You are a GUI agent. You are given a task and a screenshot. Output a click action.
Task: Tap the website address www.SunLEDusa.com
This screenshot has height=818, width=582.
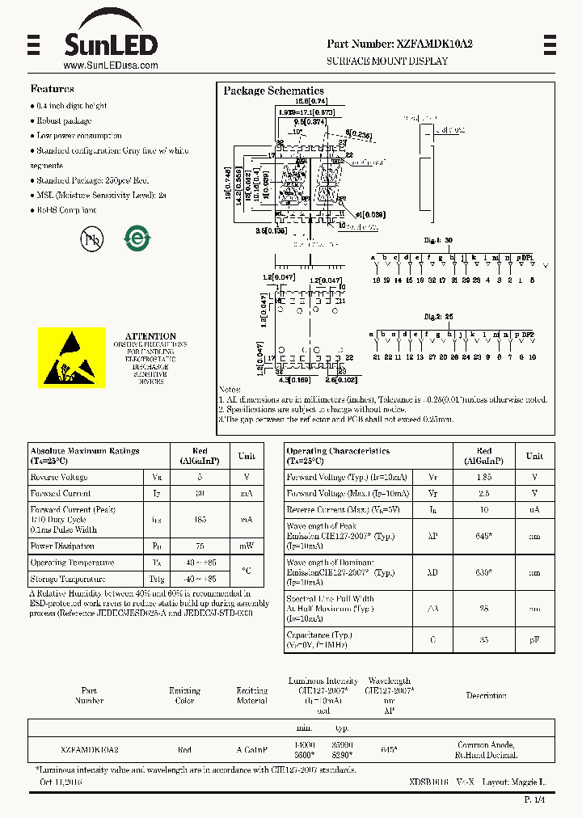click(x=110, y=65)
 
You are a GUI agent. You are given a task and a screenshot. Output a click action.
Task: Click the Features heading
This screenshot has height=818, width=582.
click(x=52, y=89)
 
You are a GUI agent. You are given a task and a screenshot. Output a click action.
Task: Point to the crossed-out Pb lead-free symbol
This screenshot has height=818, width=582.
click(x=91, y=238)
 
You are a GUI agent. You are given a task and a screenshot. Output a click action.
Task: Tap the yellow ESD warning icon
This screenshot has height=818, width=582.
click(x=72, y=357)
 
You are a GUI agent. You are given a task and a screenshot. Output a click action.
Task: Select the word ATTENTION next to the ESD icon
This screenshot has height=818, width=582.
click(x=150, y=336)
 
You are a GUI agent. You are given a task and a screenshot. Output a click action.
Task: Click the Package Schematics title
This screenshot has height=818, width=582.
click(x=273, y=91)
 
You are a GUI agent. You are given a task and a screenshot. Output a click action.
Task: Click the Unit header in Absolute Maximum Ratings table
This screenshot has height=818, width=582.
click(x=247, y=456)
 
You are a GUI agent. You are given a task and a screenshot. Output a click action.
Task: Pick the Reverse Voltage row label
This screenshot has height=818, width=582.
click(x=59, y=478)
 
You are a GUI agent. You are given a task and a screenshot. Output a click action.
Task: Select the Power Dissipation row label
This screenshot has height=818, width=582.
click(x=62, y=546)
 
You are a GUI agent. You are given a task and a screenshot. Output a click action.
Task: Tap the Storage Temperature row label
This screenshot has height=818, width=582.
click(x=68, y=579)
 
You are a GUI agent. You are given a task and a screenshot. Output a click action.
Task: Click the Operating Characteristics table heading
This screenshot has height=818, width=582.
click(x=338, y=451)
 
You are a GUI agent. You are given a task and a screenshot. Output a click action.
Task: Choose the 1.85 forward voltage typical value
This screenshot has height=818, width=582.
click(x=483, y=478)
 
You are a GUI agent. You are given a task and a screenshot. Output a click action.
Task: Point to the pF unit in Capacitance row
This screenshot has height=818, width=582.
click(x=534, y=639)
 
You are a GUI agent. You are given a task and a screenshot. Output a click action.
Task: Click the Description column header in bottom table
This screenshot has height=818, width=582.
click(x=486, y=695)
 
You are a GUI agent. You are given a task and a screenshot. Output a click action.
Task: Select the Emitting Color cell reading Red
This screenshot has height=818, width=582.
click(x=184, y=750)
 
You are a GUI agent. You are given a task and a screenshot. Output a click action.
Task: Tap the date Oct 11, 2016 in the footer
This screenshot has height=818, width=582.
click(x=61, y=782)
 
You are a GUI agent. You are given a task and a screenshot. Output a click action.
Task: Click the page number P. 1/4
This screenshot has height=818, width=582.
click(x=535, y=799)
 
